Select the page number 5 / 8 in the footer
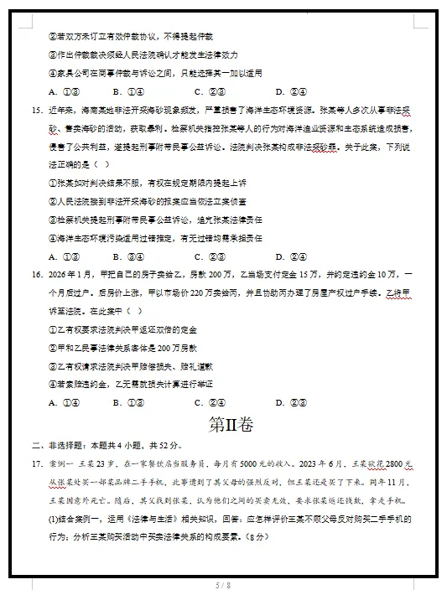click(x=222, y=584)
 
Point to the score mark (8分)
click(x=253, y=537)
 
